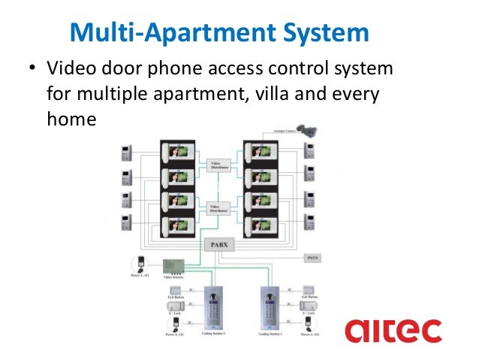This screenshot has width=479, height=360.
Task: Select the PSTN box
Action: click(314, 259)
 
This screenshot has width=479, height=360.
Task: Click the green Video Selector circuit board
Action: click(173, 267)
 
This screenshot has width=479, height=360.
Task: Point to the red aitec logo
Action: click(393, 331)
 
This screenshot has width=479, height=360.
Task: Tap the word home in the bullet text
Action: click(71, 119)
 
